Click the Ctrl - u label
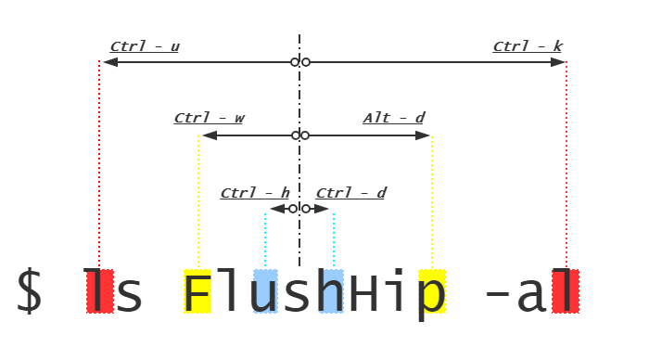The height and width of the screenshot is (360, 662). [x=145, y=46]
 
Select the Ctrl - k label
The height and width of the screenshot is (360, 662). [x=528, y=46]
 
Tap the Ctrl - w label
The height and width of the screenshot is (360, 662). [x=210, y=118]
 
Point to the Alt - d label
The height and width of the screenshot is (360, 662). [x=394, y=118]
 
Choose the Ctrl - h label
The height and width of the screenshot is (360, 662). [x=255, y=193]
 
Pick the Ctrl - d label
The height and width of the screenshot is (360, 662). [x=350, y=193]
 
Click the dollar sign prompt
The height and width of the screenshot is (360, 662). [x=29, y=290]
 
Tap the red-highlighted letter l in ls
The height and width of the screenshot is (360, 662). [x=100, y=291]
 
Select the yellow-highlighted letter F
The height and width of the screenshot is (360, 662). [x=197, y=291]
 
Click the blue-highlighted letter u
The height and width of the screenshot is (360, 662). [x=265, y=291]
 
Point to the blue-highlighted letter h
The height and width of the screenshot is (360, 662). [x=331, y=291]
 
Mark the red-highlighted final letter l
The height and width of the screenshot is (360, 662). [x=566, y=291]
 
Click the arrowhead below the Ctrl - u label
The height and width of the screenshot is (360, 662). [x=110, y=62]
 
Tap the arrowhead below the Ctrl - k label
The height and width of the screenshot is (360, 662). [x=558, y=62]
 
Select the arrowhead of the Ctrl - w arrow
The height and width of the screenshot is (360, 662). [x=210, y=135]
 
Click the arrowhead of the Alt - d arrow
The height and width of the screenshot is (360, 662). [x=423, y=135]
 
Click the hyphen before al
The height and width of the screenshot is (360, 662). [x=498, y=293]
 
